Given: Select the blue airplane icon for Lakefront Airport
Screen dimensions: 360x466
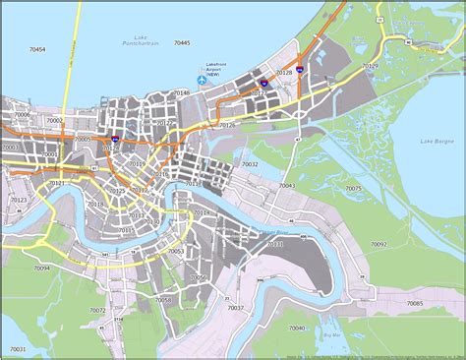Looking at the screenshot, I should click(x=201, y=79).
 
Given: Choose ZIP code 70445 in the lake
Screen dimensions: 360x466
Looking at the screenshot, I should click(x=182, y=43).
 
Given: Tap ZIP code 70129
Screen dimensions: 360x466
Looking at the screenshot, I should click(x=370, y=65).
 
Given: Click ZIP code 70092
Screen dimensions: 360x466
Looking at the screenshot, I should click(x=379, y=244).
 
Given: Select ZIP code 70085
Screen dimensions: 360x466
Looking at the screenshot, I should click(x=414, y=303).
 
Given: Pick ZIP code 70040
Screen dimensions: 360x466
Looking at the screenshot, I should click(x=296, y=329).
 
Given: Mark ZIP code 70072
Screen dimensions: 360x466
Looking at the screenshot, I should click(x=97, y=310).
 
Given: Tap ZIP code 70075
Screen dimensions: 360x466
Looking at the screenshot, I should click(x=353, y=188).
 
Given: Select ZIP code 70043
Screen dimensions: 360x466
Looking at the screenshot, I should click(x=287, y=185).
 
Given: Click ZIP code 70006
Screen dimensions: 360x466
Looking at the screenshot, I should click(x=22, y=115).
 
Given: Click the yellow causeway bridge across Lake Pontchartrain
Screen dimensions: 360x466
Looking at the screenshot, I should click(x=66, y=59).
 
